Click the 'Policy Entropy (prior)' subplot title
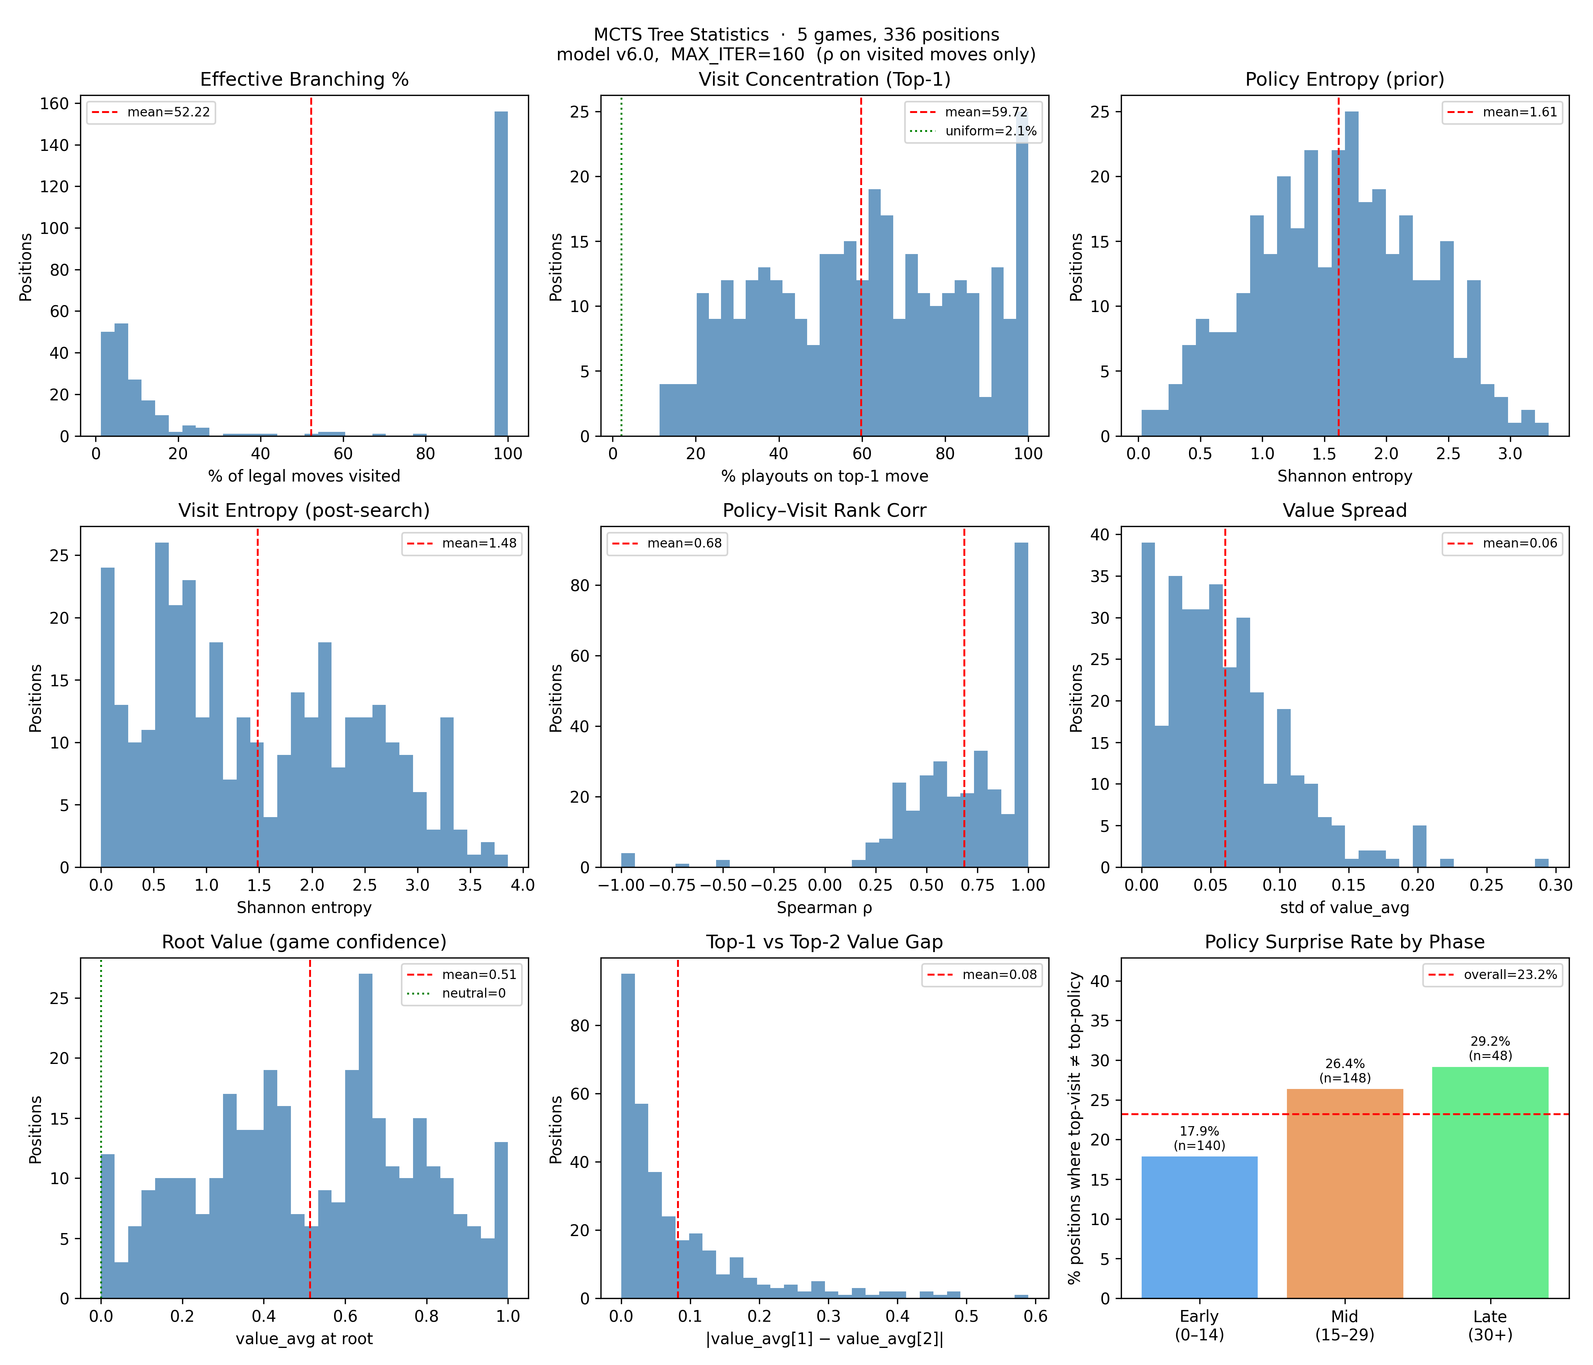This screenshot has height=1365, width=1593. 1344,79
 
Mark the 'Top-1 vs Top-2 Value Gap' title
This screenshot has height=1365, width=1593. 824,941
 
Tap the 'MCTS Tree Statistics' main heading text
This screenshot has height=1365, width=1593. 680,35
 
